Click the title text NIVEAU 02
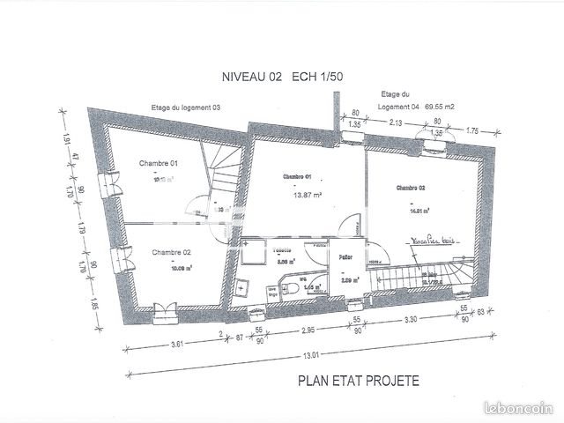pyautogui.click(x=253, y=78)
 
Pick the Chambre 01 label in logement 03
pyautogui.click(x=159, y=164)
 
